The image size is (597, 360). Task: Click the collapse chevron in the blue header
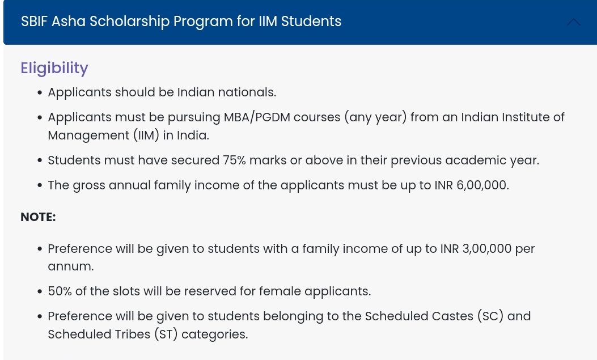point(573,22)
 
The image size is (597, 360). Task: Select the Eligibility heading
point(54,68)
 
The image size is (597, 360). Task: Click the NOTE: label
point(38,217)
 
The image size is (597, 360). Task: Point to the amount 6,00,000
point(482,185)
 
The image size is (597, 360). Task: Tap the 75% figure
point(234,160)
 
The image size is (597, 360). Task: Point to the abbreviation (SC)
point(490,316)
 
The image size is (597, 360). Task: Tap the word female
point(280,291)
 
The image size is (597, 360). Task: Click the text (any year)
point(375,117)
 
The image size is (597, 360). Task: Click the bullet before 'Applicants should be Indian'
point(40,93)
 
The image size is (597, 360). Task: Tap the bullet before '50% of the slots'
point(40,292)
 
